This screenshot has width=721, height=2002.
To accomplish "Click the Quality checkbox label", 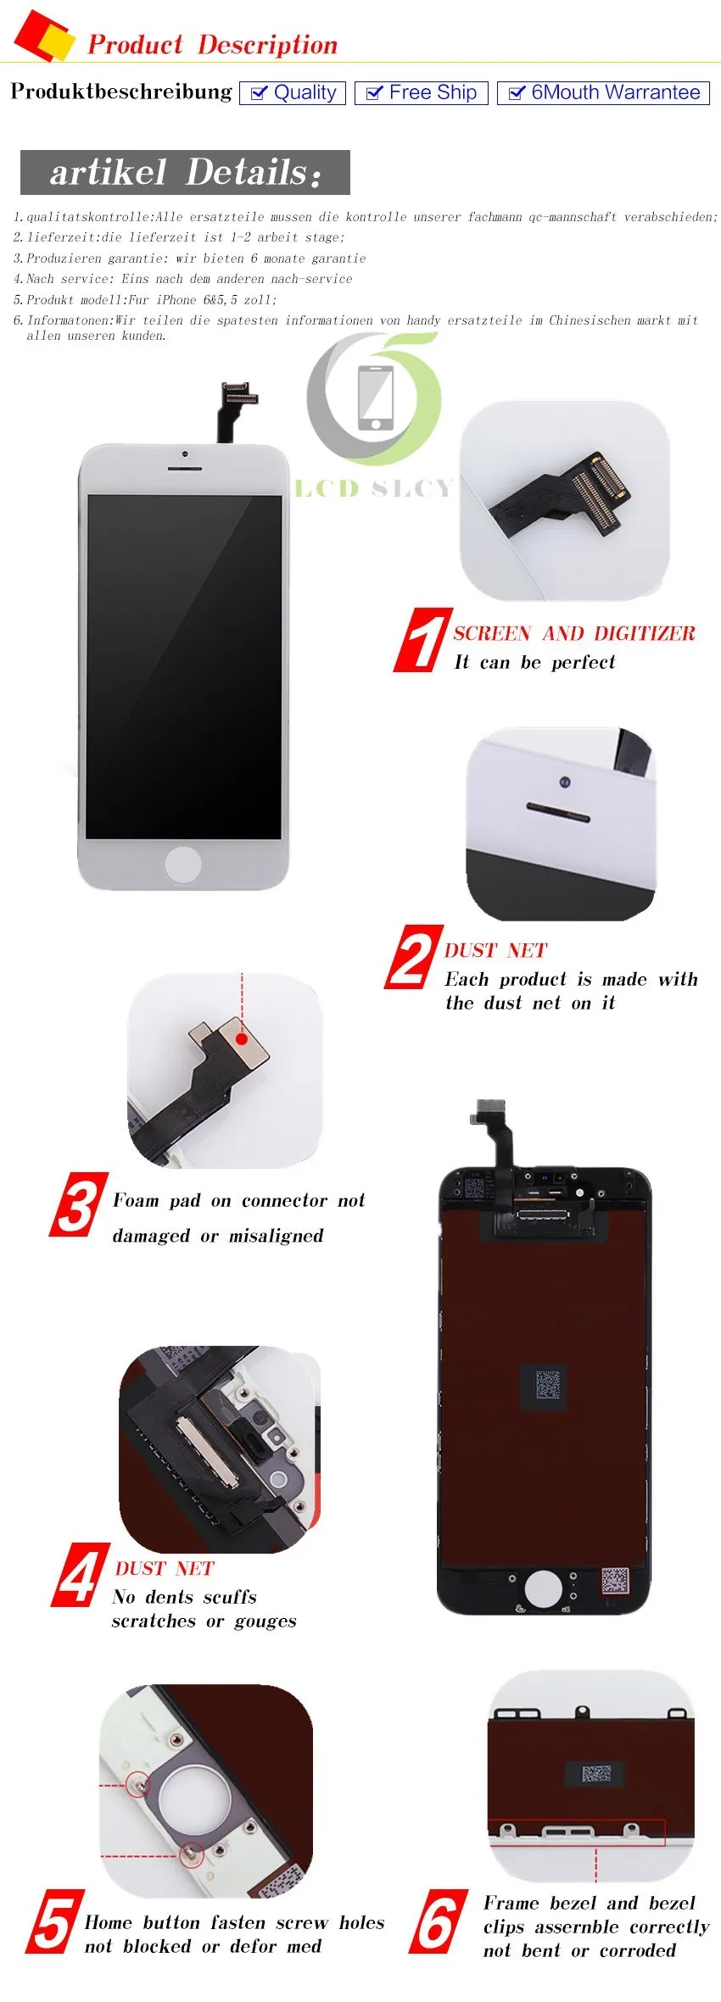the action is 293,92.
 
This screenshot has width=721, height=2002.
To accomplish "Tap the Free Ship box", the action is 422,92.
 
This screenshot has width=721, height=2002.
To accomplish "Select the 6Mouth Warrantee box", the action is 603,92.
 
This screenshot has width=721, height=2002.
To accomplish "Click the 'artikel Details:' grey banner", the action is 185,172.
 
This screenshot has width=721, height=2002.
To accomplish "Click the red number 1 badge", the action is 422,640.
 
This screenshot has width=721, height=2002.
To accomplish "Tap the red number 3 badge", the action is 80,1204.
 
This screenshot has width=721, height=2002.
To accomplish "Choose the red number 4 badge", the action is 81,1574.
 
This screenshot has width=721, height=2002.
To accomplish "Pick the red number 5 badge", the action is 55,1922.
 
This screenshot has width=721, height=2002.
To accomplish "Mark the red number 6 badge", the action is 438,1921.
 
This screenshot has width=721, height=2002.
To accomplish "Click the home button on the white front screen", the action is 183,864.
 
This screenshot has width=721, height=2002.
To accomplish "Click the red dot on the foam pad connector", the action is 242,1038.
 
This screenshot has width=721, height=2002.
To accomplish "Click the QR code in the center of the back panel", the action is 547,1387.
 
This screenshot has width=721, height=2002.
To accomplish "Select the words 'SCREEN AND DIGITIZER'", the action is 574,633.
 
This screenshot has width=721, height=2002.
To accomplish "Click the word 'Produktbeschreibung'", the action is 121,92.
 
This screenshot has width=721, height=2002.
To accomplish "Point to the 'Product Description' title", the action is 213,44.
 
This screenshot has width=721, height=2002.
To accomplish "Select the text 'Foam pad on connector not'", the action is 239,1200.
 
